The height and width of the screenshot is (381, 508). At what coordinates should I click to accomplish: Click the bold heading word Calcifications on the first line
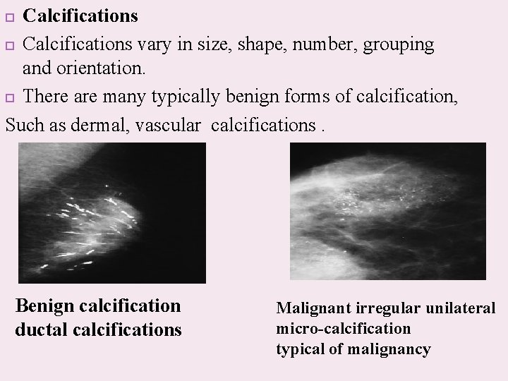80,16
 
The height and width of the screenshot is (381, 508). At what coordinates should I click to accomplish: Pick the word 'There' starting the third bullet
47,97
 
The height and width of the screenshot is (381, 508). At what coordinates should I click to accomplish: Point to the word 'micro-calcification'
344,329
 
